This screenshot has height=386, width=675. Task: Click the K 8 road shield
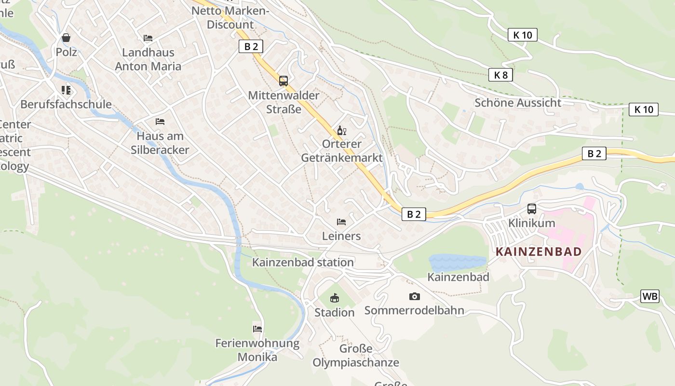click(501, 75)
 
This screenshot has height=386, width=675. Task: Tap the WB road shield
click(649, 296)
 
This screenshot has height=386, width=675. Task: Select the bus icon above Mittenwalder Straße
click(283, 81)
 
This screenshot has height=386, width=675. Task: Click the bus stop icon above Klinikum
click(531, 209)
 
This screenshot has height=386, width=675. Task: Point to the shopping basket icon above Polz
click(66, 38)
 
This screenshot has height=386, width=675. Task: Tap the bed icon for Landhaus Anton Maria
click(148, 38)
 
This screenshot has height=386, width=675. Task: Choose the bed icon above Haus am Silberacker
click(160, 122)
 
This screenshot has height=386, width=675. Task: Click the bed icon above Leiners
click(341, 222)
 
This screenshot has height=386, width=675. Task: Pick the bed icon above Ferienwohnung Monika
click(257, 329)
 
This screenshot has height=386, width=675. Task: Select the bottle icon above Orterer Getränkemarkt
click(341, 130)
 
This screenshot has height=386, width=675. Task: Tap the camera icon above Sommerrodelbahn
click(414, 296)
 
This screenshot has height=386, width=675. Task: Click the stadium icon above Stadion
click(334, 298)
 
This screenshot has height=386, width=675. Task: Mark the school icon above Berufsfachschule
click(66, 90)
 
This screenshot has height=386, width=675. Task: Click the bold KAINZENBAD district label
click(538, 251)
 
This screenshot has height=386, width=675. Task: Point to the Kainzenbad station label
click(303, 262)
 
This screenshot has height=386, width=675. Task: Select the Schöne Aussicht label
click(518, 103)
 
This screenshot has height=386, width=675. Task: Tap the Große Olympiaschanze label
click(356, 356)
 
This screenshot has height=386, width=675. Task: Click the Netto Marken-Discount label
click(230, 17)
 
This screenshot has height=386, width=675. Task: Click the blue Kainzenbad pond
click(457, 262)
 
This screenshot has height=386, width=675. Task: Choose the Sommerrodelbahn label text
click(414, 310)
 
